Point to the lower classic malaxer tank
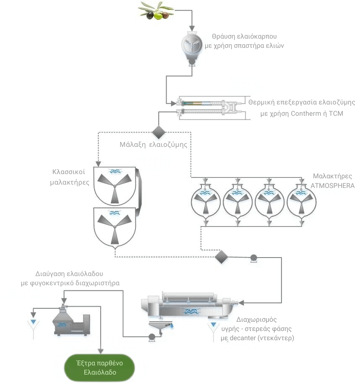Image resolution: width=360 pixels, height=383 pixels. pyautogui.click(x=114, y=227)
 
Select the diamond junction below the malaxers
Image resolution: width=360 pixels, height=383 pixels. pyautogui.click(x=221, y=257)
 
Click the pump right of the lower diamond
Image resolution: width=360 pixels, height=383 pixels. pyautogui.click(x=253, y=258)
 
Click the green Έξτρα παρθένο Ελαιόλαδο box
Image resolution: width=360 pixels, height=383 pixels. pyautogui.click(x=100, y=367)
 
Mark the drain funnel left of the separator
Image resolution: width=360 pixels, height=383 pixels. pyautogui.click(x=32, y=325)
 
